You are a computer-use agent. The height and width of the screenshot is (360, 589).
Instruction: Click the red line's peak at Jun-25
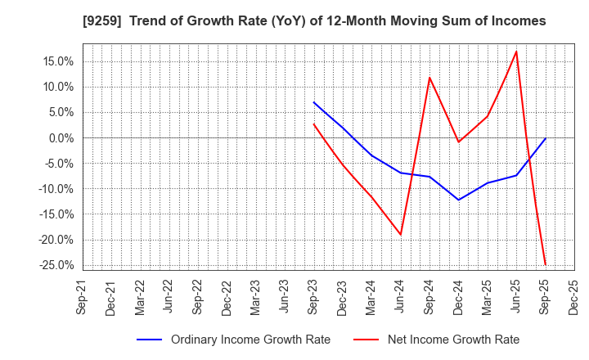point(516,52)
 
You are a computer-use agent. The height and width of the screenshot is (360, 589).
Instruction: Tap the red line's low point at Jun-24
point(401,235)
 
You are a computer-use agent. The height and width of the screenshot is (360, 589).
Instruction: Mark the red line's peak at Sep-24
point(429,78)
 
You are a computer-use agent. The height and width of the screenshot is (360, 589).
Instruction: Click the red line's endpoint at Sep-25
point(545,264)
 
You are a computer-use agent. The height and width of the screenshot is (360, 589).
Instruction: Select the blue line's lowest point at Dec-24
point(458,200)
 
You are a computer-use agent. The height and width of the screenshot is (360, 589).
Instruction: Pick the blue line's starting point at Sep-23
point(314,102)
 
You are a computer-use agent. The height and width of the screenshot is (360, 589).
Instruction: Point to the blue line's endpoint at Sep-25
point(545,138)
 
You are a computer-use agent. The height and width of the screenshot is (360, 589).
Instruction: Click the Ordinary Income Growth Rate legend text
point(250,340)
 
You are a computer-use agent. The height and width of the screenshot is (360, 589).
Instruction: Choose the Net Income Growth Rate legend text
point(452,340)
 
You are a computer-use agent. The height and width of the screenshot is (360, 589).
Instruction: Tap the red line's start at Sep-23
point(314,124)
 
